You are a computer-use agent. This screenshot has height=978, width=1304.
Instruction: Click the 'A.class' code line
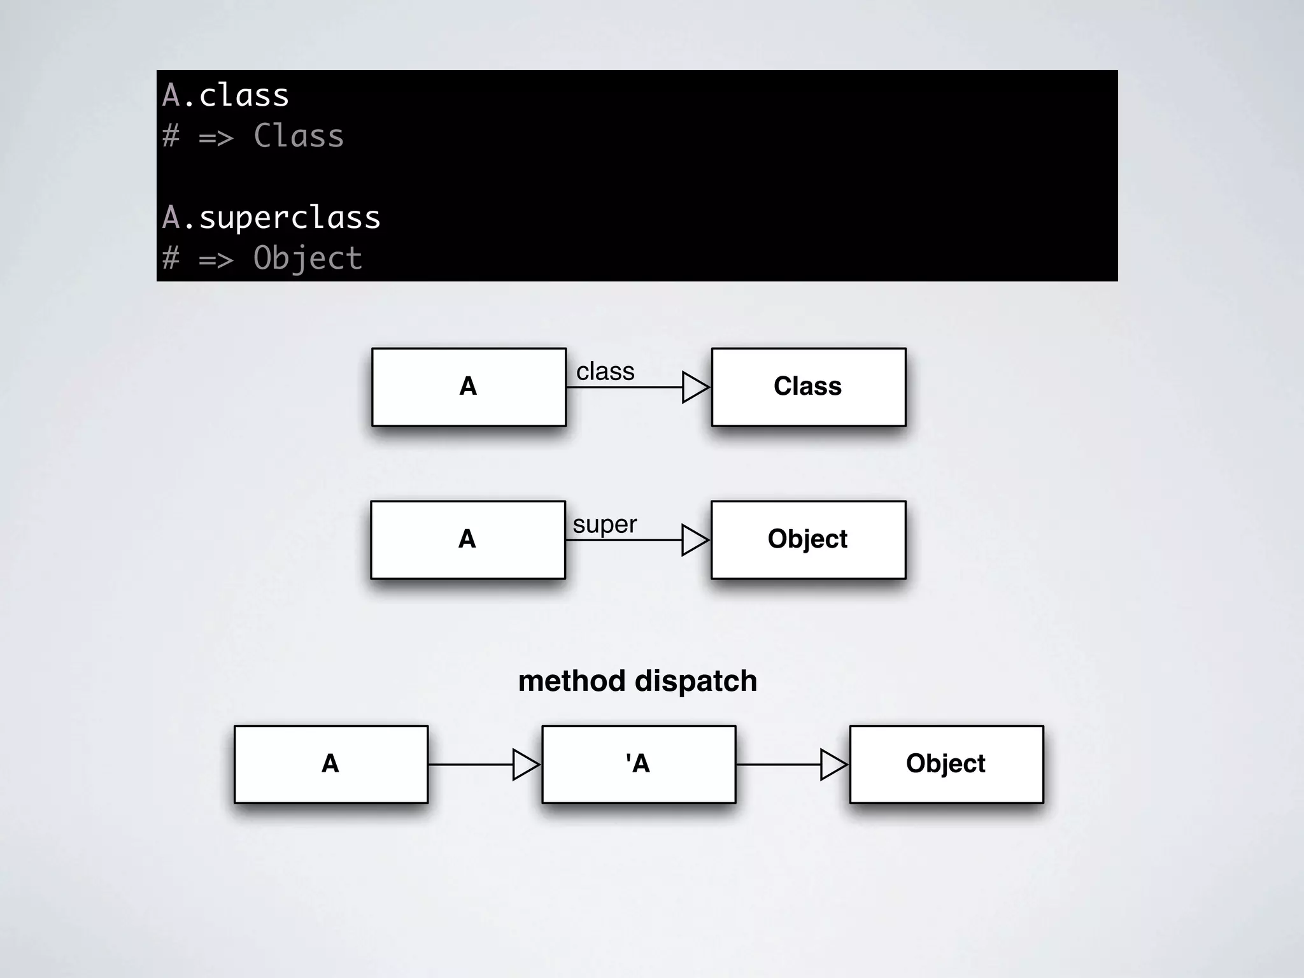(x=225, y=96)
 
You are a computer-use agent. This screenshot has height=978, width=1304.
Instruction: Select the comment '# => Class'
(x=253, y=136)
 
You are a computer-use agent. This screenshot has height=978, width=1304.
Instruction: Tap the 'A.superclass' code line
(x=271, y=217)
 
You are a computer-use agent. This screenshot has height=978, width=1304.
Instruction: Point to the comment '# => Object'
(x=262, y=258)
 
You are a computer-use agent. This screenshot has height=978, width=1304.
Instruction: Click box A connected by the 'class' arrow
(x=469, y=386)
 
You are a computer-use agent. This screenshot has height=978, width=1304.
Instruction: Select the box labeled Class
(x=808, y=386)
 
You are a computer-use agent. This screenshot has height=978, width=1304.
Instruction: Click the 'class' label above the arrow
(x=605, y=371)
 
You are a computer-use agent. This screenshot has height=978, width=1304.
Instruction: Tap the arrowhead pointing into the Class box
(x=695, y=387)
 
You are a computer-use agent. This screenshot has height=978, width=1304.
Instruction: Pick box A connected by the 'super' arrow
(x=467, y=539)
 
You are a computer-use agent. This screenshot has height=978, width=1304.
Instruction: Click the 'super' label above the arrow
(x=604, y=524)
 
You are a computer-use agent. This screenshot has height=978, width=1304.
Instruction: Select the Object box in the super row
(x=808, y=539)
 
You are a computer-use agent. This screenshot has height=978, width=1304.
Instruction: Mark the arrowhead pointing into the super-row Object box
(x=694, y=540)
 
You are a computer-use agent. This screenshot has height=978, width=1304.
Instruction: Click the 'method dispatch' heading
(x=637, y=681)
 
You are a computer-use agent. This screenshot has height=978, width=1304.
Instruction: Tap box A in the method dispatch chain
(x=330, y=764)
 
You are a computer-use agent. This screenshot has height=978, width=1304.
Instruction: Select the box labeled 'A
(x=639, y=764)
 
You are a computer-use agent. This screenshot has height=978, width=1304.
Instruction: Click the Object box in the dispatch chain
(x=946, y=764)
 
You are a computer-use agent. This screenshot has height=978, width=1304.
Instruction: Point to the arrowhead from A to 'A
(x=525, y=764)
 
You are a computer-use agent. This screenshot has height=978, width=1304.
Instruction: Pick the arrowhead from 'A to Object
(x=833, y=764)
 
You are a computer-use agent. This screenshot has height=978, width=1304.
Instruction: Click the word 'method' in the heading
(x=571, y=681)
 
